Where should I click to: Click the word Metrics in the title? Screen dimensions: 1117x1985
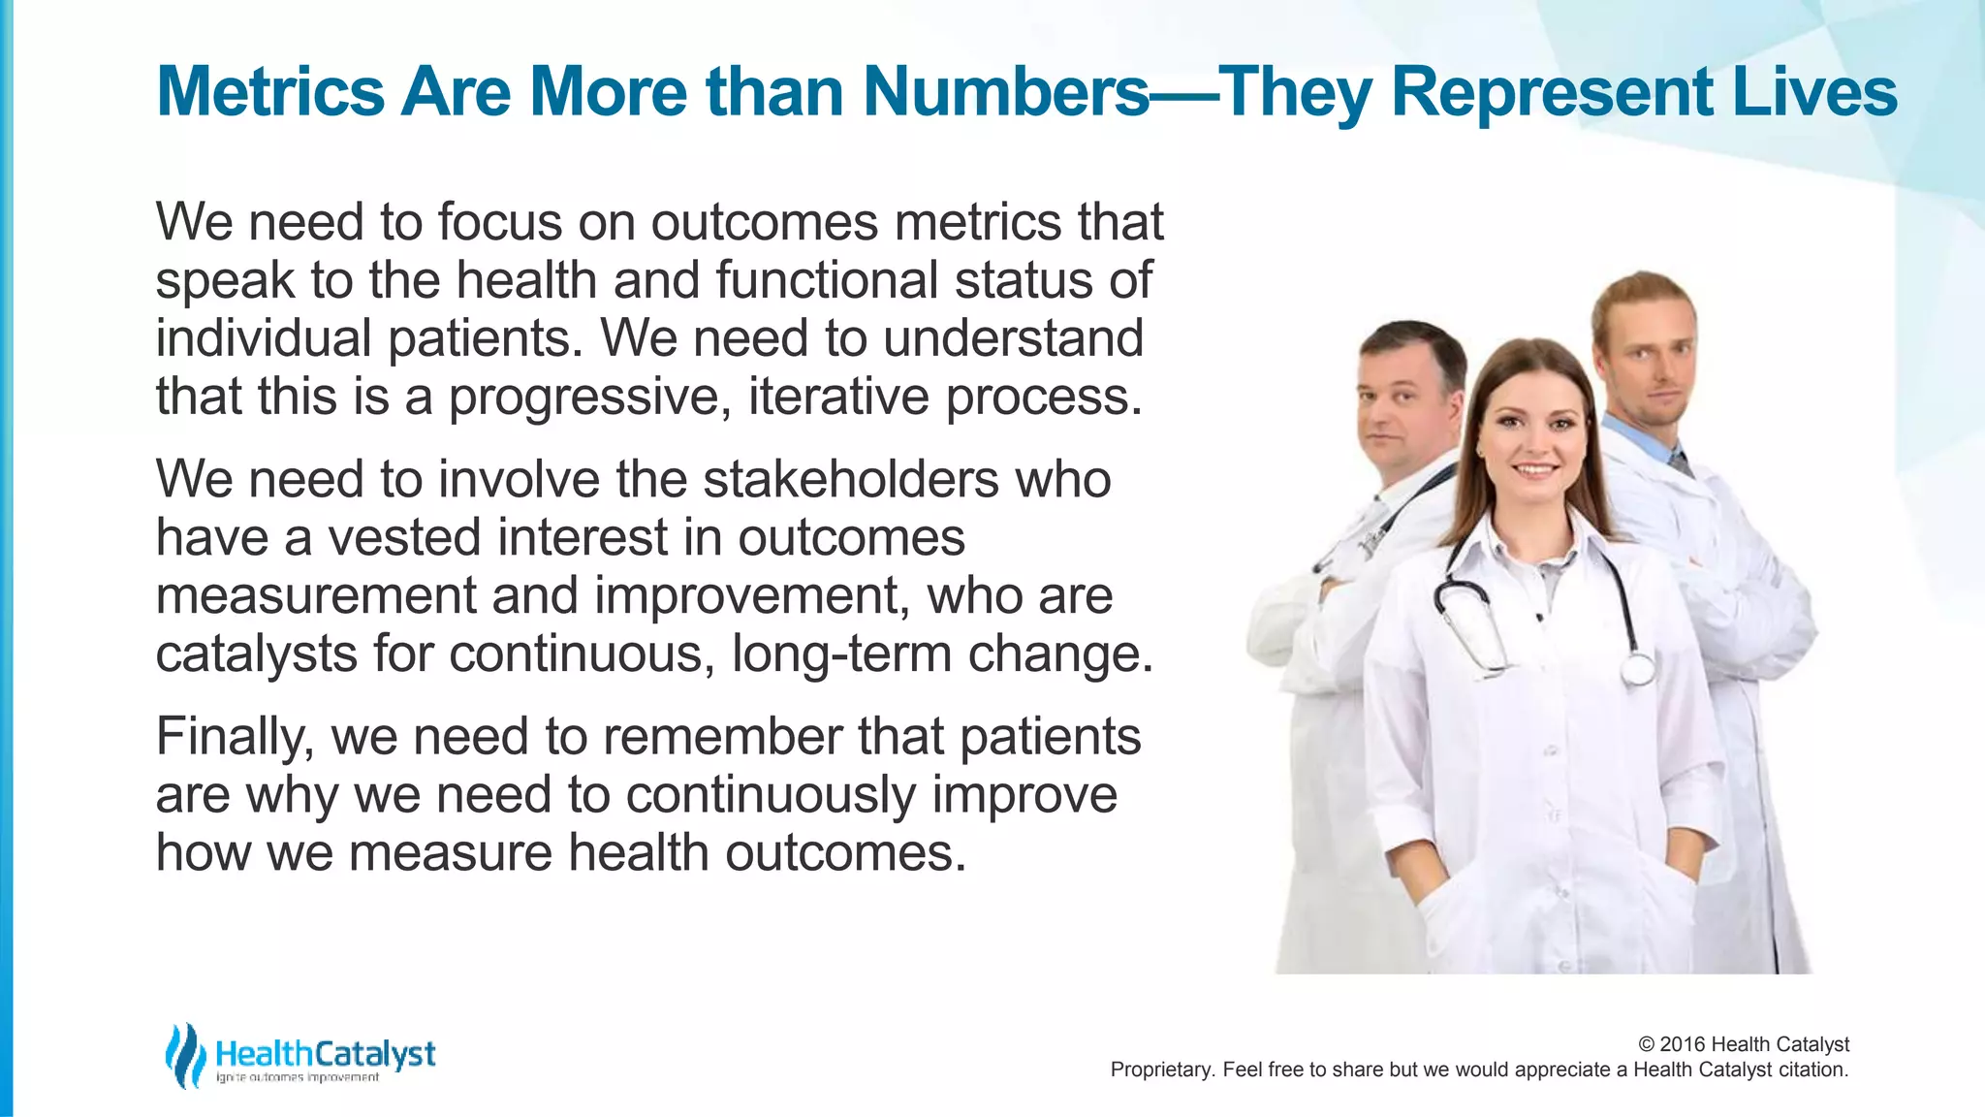[269, 92]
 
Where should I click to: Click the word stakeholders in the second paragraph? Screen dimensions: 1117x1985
[851, 479]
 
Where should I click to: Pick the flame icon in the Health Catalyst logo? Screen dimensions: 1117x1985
[184, 1055]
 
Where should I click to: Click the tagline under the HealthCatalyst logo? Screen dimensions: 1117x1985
[297, 1078]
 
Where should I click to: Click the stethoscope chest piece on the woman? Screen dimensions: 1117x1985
[1638, 668]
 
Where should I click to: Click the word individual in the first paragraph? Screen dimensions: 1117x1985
[264, 338]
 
